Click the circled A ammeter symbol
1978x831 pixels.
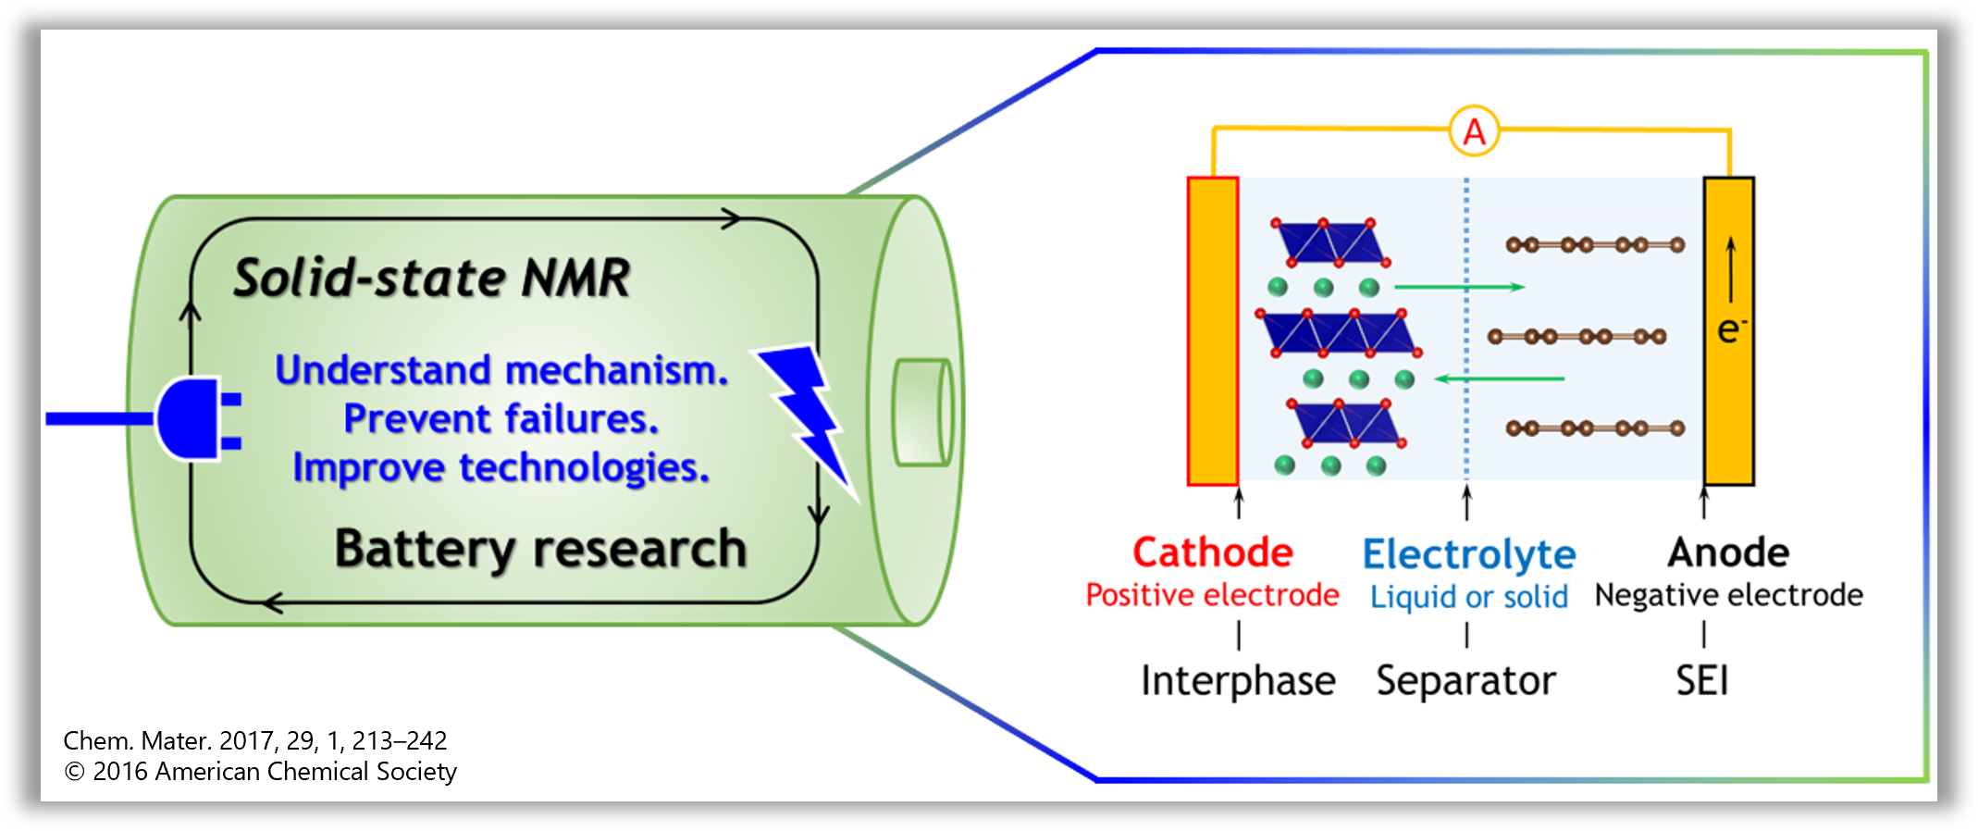pos(1473,131)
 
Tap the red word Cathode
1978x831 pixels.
pos(1212,552)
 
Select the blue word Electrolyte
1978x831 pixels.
pos(1468,554)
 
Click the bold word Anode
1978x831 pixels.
pos(1728,552)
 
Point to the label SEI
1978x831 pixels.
pos(1701,680)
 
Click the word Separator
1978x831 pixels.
pos(1465,680)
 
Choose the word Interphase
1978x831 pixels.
pos(1238,680)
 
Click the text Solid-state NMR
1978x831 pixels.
pos(431,278)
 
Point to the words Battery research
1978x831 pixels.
pos(540,548)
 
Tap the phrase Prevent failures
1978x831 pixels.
pos(501,418)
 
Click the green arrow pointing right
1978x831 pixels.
pos(1459,287)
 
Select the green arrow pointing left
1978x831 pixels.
pos(1499,378)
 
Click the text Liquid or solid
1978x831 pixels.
pos(1468,597)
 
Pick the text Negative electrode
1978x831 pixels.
pos(1728,595)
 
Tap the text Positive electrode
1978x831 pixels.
pos(1212,595)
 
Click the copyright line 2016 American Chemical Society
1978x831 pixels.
pos(261,771)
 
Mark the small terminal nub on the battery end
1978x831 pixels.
pos(921,412)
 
